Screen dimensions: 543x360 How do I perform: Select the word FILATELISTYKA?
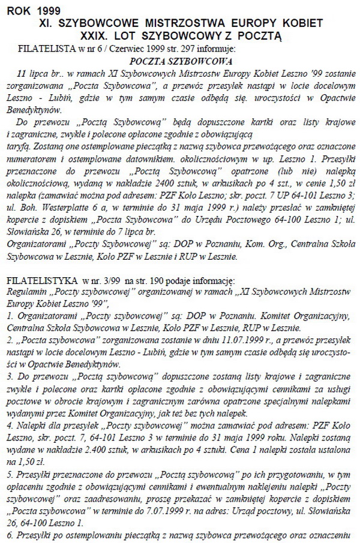40,280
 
